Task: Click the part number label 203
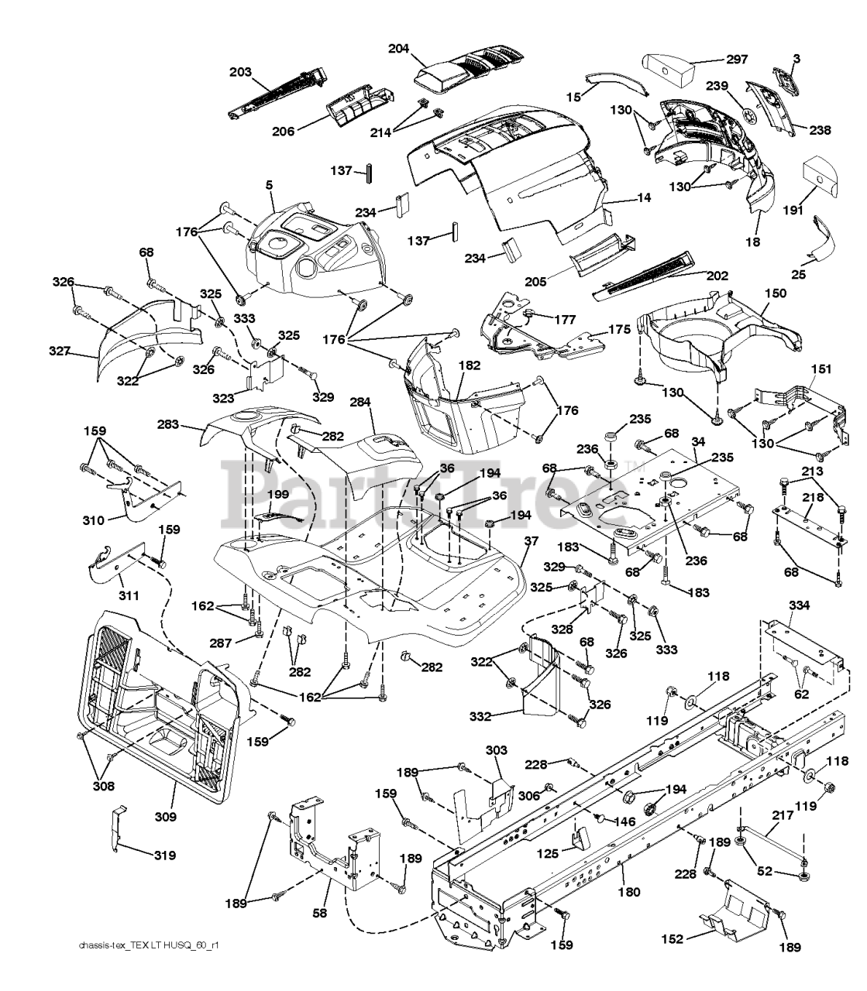[x=240, y=72]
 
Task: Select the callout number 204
[x=399, y=49]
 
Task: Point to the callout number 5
[x=269, y=186]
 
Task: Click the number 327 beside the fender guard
[x=60, y=351]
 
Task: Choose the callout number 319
[x=163, y=856]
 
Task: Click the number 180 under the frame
[x=629, y=892]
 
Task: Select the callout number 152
[x=673, y=939]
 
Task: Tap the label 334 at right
[x=800, y=605]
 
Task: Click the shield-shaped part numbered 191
[x=821, y=179]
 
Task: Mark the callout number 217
[x=783, y=815]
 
